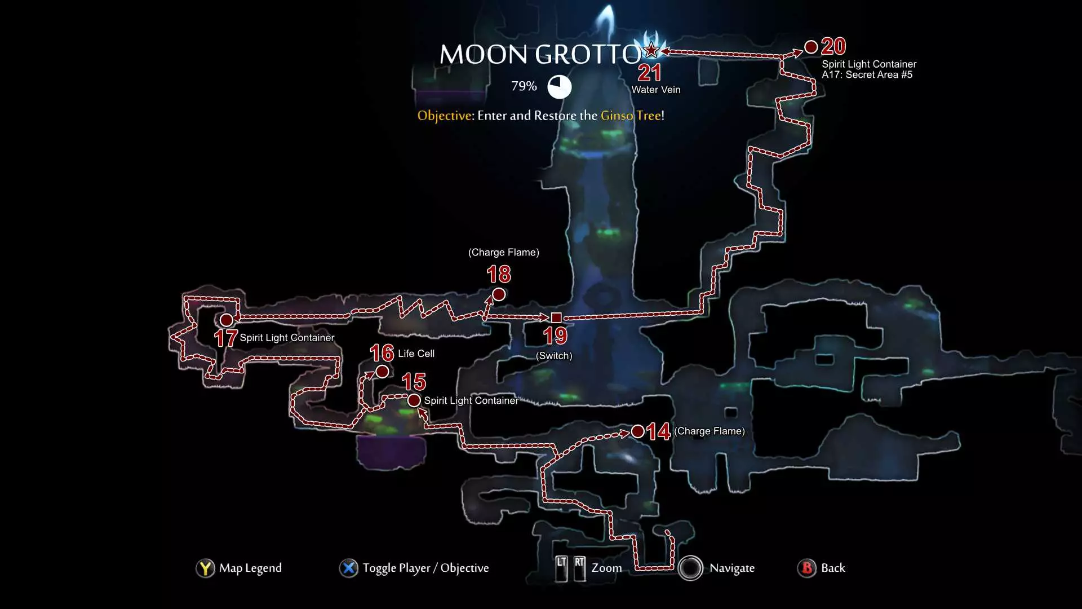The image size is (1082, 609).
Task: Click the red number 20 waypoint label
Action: tap(833, 46)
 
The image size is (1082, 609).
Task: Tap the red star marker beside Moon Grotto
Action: tap(651, 50)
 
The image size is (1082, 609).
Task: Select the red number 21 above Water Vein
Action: tap(649, 73)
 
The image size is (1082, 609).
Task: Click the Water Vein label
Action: tap(656, 90)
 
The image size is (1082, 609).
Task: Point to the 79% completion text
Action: tap(524, 86)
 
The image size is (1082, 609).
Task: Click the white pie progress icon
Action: tap(560, 87)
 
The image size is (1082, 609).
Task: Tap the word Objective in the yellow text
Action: tap(445, 116)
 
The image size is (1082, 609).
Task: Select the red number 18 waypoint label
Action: tap(499, 275)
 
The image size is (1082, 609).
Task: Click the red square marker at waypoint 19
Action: tap(556, 317)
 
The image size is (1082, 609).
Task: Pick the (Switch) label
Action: tap(554, 356)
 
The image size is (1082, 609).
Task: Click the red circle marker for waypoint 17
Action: tap(227, 320)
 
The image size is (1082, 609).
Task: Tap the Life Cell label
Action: tap(416, 354)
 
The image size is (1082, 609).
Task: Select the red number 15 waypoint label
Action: tap(414, 382)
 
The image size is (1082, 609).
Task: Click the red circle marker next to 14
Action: tap(638, 431)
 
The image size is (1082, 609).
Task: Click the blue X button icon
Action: tap(349, 568)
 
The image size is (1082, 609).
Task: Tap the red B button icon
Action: tap(807, 568)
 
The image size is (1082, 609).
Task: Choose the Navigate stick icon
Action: tap(690, 568)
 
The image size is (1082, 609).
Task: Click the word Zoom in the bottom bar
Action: tap(607, 568)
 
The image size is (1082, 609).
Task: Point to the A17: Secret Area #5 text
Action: tap(867, 74)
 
